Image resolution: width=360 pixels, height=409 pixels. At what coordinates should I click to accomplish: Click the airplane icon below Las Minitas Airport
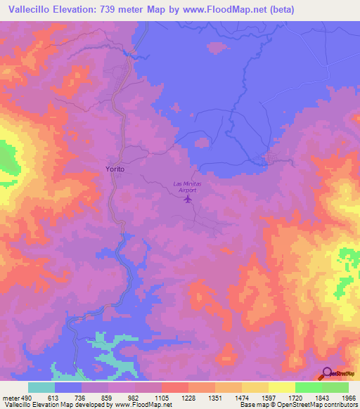point(188,200)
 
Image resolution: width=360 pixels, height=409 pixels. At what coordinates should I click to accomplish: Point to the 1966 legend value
point(348,397)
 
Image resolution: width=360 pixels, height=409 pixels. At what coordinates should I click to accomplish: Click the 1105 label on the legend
point(161,397)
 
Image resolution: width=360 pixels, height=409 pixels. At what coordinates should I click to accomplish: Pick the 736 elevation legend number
point(81,397)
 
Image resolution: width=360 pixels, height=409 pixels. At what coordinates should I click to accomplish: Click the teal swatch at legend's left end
point(41,387)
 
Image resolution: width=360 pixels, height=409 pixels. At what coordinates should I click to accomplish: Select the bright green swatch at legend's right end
point(335,387)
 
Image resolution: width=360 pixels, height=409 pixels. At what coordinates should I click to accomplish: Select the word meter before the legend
point(11,397)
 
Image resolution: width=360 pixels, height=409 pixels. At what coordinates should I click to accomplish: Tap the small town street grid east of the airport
point(269,159)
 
